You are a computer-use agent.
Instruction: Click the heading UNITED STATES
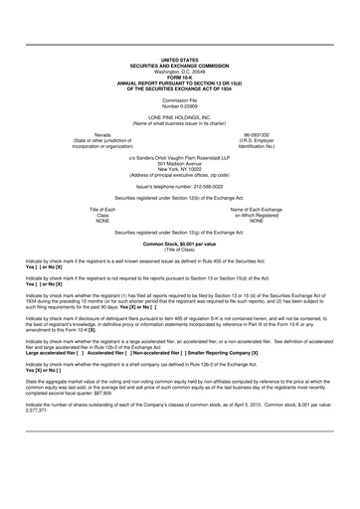(x=179, y=61)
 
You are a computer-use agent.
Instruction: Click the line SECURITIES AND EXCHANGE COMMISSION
(x=179, y=67)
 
